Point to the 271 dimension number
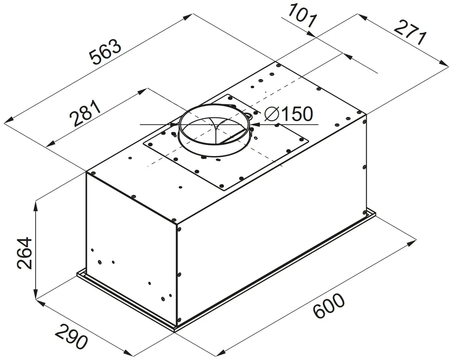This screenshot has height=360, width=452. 411,33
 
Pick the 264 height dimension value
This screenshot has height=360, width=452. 24,253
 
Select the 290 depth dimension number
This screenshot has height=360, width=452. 71,336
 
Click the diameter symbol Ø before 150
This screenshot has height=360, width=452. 271,114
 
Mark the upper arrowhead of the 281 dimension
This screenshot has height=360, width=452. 142,91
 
